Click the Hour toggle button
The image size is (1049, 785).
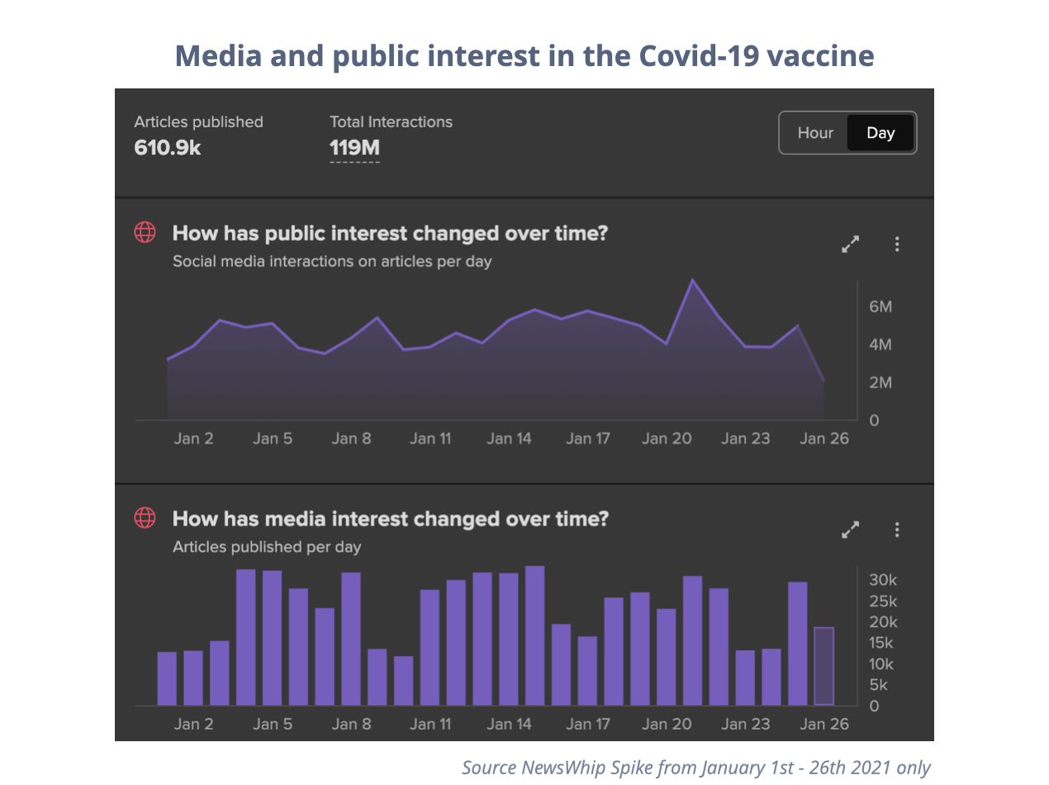814,133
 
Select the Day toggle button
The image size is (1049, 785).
880,133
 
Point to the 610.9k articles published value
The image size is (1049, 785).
168,149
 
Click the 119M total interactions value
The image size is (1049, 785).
354,149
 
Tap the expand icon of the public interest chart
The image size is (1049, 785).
850,245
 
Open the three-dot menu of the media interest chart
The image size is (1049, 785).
897,530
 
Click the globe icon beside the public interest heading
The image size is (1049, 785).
145,233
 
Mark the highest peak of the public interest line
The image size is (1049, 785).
692,280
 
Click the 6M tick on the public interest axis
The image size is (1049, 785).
880,307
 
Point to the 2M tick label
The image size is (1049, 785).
880,383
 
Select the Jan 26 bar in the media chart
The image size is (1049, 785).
824,666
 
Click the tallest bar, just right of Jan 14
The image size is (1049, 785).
534,635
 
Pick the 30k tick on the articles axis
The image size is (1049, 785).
883,580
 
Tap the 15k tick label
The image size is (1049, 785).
883,644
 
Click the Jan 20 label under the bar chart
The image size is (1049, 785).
667,724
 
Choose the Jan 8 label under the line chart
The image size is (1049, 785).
351,438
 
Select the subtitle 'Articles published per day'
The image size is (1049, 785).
267,547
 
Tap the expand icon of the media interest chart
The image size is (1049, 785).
850,530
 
